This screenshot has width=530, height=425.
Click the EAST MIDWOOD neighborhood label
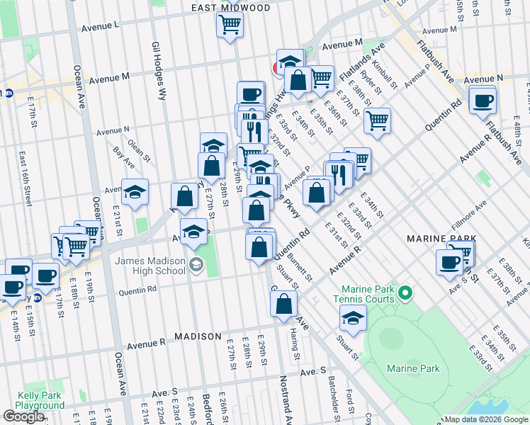click(231, 8)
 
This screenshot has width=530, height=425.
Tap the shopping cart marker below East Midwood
click(230, 25)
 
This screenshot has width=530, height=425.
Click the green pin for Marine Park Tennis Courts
click(405, 292)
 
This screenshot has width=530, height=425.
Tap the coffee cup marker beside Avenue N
click(483, 101)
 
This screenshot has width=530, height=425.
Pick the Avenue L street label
click(100, 25)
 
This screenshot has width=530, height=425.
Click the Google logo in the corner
click(24, 416)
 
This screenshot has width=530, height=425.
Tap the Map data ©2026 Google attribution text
click(485, 419)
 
